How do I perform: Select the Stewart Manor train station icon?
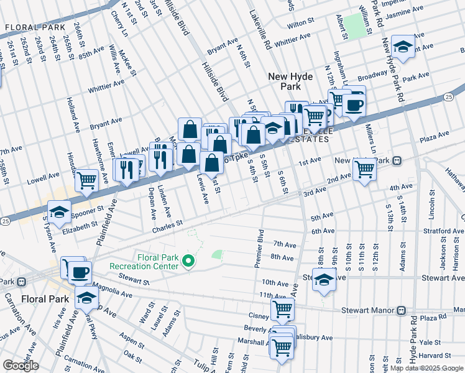tap(402, 310)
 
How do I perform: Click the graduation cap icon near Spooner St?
tap(59, 212)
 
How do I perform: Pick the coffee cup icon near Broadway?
tap(354, 104)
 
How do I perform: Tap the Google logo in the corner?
tap(21, 366)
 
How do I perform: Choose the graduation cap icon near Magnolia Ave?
tap(86, 299)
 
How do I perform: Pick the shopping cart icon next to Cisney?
tap(283, 308)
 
